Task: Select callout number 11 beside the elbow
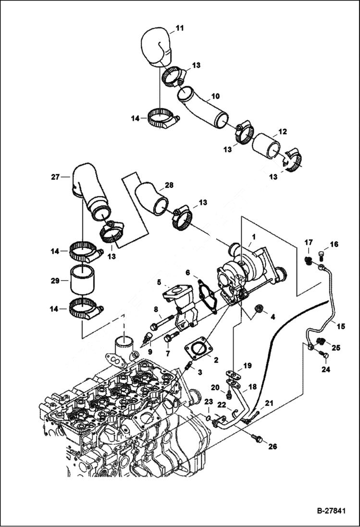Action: click(x=179, y=28)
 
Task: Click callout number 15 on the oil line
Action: click(x=340, y=327)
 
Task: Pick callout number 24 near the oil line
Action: click(x=326, y=369)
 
